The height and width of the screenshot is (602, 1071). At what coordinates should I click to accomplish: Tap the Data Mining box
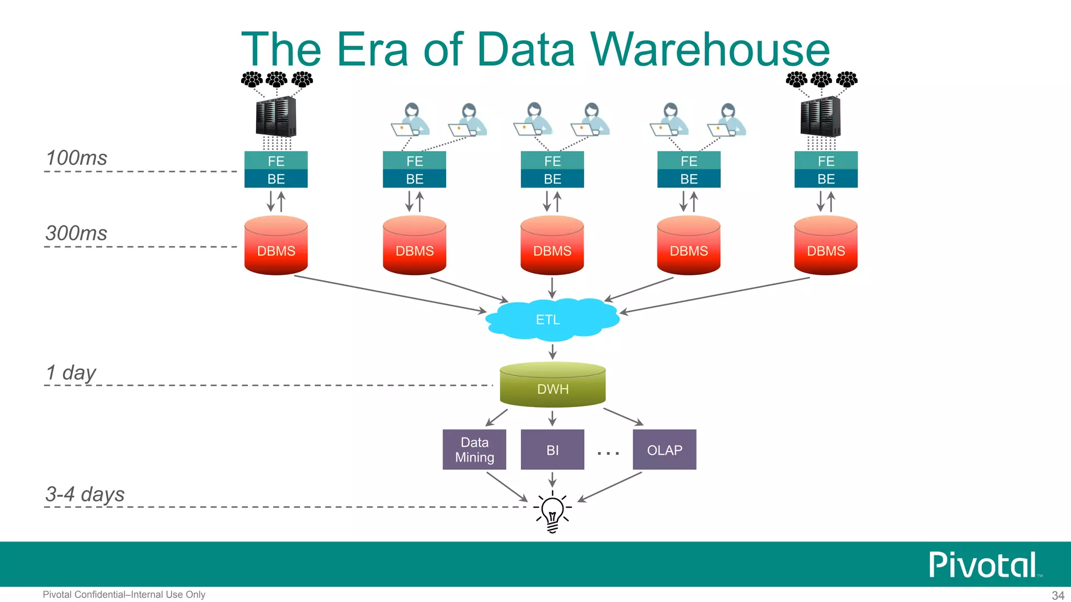pos(474,449)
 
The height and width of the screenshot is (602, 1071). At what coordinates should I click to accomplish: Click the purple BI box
pos(552,449)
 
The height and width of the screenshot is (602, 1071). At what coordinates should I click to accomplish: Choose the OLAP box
pos(664,449)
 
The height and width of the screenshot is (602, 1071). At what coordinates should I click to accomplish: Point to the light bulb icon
pos(552,511)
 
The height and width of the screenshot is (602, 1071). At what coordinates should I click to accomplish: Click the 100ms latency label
pos(76,158)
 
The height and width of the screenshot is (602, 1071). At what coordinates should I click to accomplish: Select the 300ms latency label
pos(76,233)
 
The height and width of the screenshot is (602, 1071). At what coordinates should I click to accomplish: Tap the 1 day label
pos(71,373)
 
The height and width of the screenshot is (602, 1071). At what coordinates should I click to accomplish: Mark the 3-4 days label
pos(85,494)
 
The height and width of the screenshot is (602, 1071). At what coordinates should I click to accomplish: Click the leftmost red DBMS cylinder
pos(276,246)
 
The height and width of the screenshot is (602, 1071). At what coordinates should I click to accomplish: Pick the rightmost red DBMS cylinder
pos(826,246)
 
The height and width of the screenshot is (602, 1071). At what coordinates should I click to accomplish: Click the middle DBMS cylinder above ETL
pos(552,246)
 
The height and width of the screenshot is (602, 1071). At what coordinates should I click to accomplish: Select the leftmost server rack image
pos(276,117)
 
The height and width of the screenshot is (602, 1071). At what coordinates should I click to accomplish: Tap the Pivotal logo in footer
pos(983,565)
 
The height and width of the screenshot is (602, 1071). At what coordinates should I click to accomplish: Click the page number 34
pos(1057,595)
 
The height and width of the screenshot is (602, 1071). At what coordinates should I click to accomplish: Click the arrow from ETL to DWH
pos(552,351)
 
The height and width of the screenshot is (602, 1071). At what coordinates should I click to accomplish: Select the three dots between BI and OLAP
pos(608,453)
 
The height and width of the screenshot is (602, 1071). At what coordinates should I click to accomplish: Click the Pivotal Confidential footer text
pos(124,595)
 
